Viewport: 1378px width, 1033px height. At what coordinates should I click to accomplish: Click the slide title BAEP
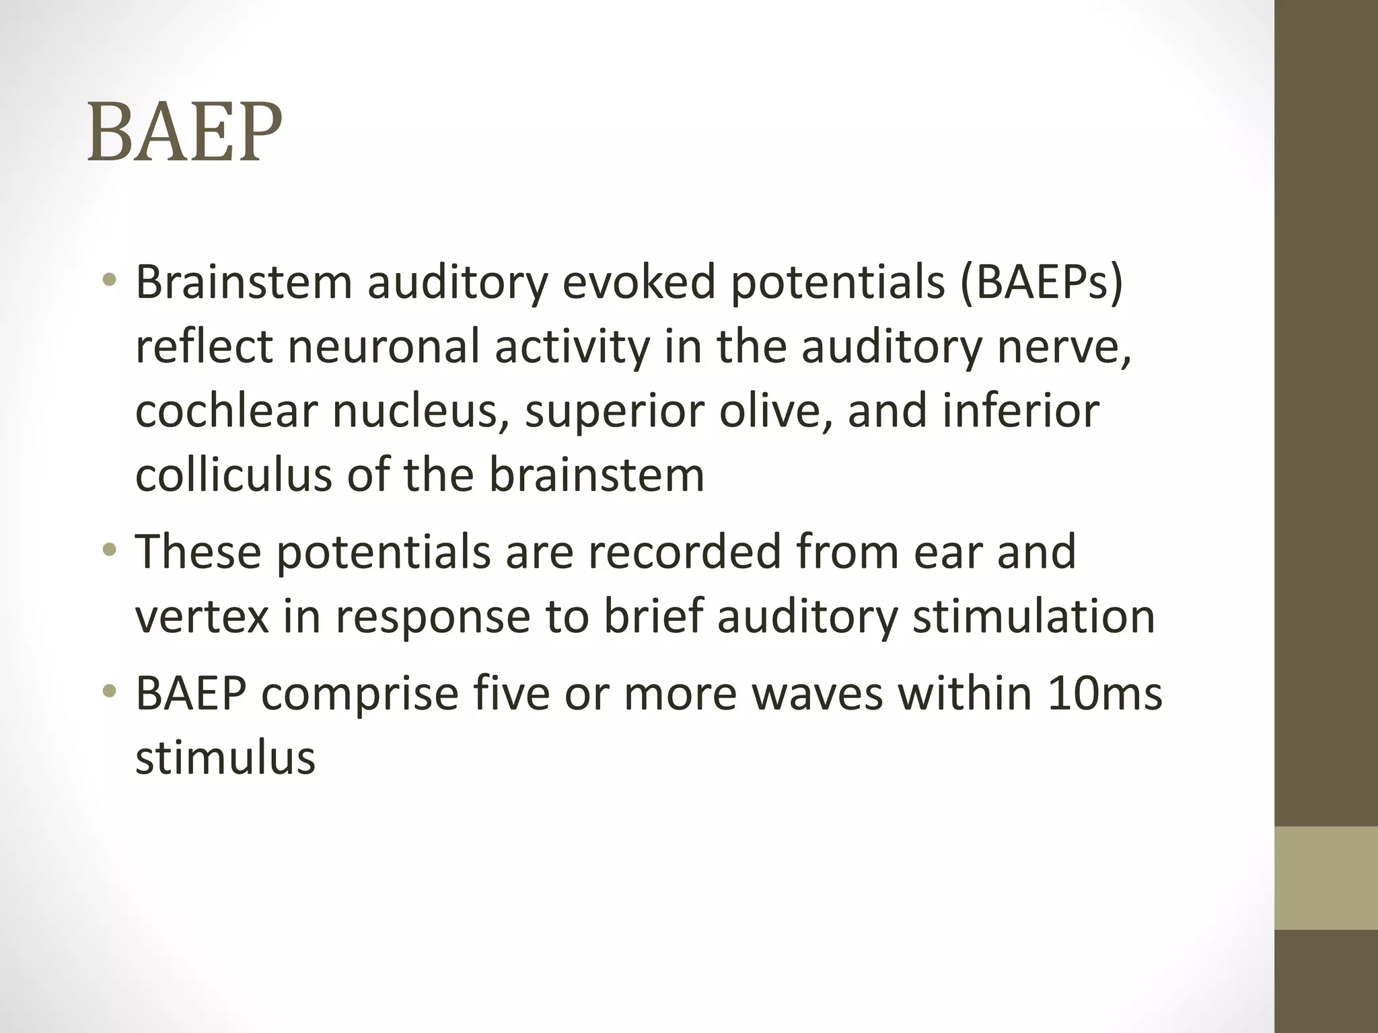point(184,132)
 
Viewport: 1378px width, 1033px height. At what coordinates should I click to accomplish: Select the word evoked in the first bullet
point(639,282)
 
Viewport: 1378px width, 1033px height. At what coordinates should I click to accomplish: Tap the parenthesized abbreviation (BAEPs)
point(1041,284)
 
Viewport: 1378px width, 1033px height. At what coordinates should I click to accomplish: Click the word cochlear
point(225,411)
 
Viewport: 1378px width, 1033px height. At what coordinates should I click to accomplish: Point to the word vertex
point(203,616)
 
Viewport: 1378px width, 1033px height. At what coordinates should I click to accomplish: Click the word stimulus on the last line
point(225,758)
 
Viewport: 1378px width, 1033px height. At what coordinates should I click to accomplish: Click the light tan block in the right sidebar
point(1326,878)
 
